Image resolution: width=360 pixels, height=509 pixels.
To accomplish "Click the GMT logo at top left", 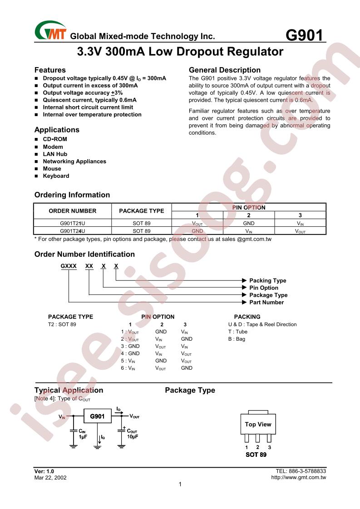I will [50, 31].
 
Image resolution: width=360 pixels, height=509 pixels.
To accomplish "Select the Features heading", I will [50, 70].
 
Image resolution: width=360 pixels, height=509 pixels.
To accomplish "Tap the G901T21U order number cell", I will [73, 223].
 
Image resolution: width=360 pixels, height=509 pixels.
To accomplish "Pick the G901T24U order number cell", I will [73, 230].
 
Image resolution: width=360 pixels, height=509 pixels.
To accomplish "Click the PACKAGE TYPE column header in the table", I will [141, 211].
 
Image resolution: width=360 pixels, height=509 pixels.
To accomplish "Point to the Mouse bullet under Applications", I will [52, 169].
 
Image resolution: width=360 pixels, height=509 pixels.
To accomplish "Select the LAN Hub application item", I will [55, 154].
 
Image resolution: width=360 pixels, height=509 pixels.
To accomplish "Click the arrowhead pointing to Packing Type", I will [245, 280].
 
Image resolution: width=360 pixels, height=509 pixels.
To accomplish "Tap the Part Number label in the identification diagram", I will [266, 302].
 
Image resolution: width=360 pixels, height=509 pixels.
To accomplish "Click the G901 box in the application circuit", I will [97, 416].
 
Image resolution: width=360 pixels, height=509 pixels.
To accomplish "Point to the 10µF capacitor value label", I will [132, 436].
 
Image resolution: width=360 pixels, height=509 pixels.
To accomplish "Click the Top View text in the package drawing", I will [258, 424].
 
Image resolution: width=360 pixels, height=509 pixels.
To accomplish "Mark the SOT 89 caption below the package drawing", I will [256, 455].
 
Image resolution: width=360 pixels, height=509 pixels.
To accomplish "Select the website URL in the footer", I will [298, 477].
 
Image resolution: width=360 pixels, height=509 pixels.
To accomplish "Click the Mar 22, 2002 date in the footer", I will [49, 477].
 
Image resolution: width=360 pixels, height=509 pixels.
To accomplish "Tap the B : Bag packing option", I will [237, 339].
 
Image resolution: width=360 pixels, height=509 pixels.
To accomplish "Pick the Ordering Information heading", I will [72, 195].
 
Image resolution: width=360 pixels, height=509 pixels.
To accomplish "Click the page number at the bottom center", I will [180, 485].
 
